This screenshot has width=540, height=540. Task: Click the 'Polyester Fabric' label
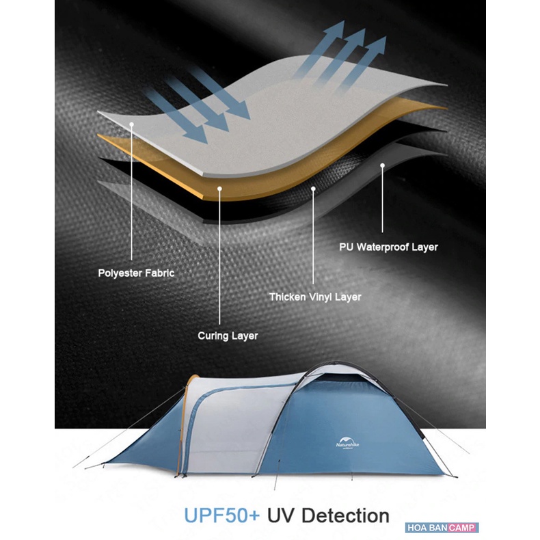point(136,273)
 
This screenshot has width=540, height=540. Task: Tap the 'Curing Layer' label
point(228,336)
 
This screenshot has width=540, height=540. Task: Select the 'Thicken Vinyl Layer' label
point(314,297)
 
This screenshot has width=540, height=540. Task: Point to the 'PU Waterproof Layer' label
point(388,247)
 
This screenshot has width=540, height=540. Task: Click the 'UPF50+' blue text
point(221,515)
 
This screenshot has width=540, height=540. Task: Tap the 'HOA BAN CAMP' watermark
point(442,528)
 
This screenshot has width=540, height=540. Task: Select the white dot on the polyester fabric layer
point(132,124)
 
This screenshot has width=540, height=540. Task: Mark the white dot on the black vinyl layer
point(313,187)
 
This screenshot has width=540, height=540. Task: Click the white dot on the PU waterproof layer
point(383,165)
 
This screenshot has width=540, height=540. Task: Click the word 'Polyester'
point(120,273)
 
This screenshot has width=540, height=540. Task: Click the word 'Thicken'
point(286,297)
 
